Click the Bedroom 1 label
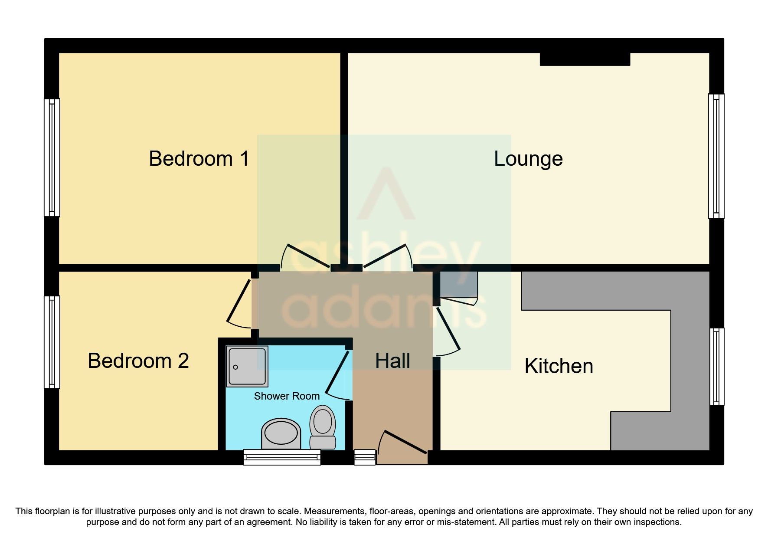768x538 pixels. point(199,158)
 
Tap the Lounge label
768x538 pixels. point(528,159)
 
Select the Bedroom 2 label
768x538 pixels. point(138,361)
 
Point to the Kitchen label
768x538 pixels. point(559,366)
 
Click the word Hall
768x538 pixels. point(392,361)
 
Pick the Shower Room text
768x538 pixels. point(287,396)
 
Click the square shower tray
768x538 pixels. point(247,366)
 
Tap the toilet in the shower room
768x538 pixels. point(323,426)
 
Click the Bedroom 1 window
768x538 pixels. point(52,157)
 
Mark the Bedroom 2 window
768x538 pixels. point(52,342)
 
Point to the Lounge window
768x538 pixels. point(716,156)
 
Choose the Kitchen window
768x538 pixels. point(716,367)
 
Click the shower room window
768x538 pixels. point(282,457)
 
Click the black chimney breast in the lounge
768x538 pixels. point(585,59)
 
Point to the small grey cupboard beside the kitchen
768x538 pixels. point(458,285)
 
